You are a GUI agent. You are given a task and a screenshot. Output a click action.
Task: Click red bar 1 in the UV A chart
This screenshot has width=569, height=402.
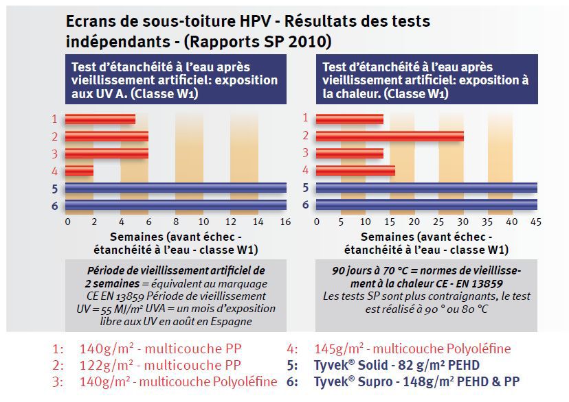[100, 119]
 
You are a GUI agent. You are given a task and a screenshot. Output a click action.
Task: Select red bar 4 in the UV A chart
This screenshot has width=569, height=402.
[79, 170]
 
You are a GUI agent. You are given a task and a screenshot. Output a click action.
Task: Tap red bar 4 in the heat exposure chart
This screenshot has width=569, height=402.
[355, 170]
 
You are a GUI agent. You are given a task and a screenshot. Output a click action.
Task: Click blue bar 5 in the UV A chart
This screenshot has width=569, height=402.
[176, 188]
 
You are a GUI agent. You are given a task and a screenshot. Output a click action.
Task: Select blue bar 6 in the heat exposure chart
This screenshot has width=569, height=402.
[426, 204]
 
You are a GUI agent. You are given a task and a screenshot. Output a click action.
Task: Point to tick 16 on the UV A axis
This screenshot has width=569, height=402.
[285, 222]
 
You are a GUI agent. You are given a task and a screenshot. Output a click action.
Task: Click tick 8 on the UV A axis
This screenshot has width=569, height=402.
[177, 222]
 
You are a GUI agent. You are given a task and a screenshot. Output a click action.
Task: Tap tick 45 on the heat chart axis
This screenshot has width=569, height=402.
[536, 222]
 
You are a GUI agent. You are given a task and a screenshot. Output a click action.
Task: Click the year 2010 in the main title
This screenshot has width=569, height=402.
[313, 42]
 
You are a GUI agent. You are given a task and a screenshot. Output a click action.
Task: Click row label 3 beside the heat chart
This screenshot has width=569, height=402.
[305, 154]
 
